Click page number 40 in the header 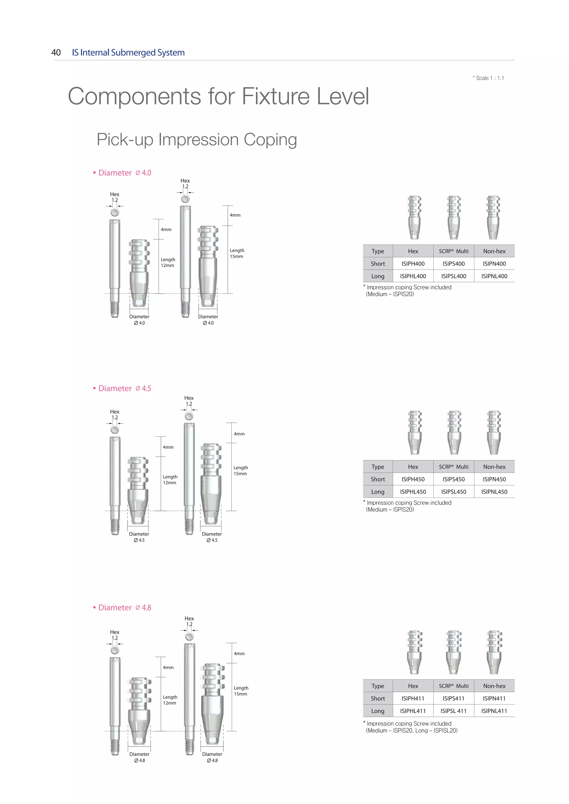tap(56, 52)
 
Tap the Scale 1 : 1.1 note tap(488, 78)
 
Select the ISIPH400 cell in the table tap(413, 264)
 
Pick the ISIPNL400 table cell tap(494, 276)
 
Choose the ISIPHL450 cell tap(413, 492)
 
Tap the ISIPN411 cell tap(494, 699)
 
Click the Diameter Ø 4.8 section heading tap(122, 607)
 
